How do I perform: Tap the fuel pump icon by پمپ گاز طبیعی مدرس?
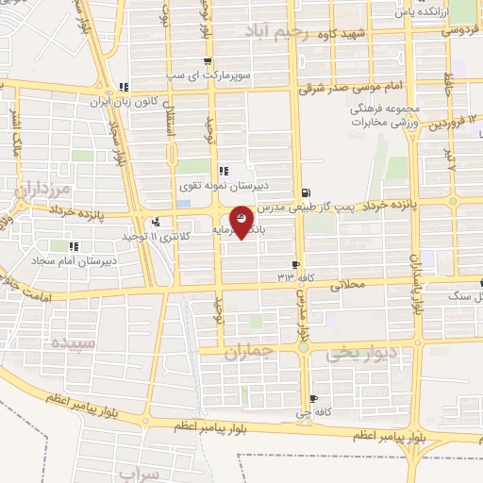[x=304, y=191]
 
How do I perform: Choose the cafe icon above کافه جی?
[x=314, y=398]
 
